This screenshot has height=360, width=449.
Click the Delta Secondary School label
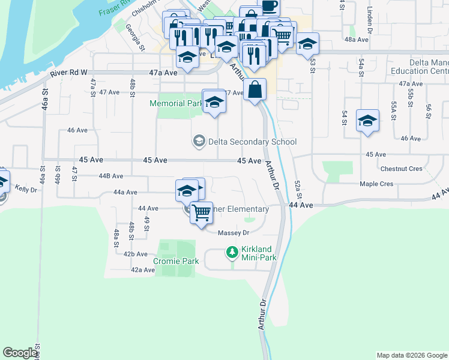(x=252, y=142)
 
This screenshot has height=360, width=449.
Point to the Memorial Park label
(x=176, y=103)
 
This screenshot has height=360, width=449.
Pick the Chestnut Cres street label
(x=402, y=169)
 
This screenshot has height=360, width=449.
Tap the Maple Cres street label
(x=376, y=184)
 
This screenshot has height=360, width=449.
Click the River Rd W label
(x=70, y=72)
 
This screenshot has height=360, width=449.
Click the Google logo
(x=20, y=353)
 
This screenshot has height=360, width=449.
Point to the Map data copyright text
(x=411, y=355)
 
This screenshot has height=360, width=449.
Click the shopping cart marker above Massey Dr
(x=202, y=212)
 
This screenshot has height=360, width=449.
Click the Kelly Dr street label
(x=26, y=189)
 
